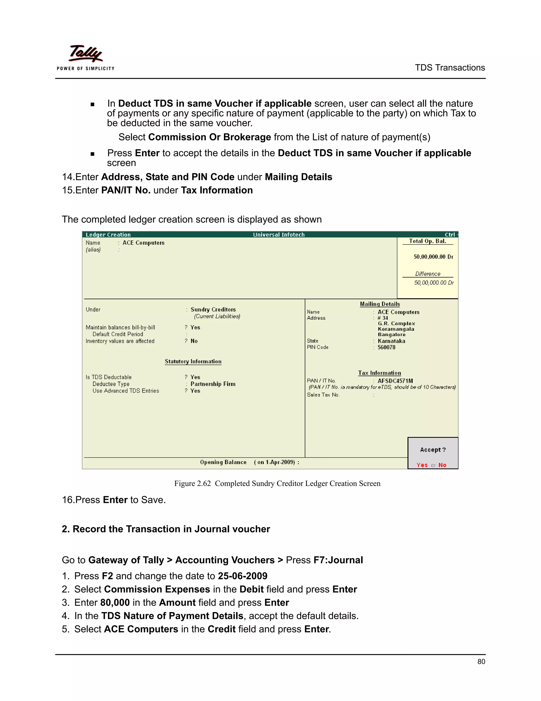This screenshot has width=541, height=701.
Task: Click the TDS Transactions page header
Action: point(450,68)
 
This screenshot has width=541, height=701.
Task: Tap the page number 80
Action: point(481,662)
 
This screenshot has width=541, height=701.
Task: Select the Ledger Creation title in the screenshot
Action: point(108,235)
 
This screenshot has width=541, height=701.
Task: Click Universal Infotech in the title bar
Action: point(278,235)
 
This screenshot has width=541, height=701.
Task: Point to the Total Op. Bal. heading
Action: point(428,241)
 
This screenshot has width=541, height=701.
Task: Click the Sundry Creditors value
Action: point(213,309)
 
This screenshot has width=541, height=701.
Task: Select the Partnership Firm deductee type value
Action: point(213,384)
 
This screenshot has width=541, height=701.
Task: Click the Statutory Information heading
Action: point(193,361)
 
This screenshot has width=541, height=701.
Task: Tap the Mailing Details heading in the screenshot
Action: point(380,304)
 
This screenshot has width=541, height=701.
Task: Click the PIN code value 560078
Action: point(386,347)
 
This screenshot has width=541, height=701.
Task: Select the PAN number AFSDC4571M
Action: point(395,381)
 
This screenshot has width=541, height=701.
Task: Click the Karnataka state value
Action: point(391,341)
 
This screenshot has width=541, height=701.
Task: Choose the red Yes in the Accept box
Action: point(422,465)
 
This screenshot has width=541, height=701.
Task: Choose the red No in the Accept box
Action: point(442,465)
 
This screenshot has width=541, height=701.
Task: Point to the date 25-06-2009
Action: point(242,576)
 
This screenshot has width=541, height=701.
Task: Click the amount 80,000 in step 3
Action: point(115,602)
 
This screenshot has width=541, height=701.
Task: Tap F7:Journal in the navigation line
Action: point(338,560)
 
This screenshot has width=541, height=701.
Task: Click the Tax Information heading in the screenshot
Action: point(380,373)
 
